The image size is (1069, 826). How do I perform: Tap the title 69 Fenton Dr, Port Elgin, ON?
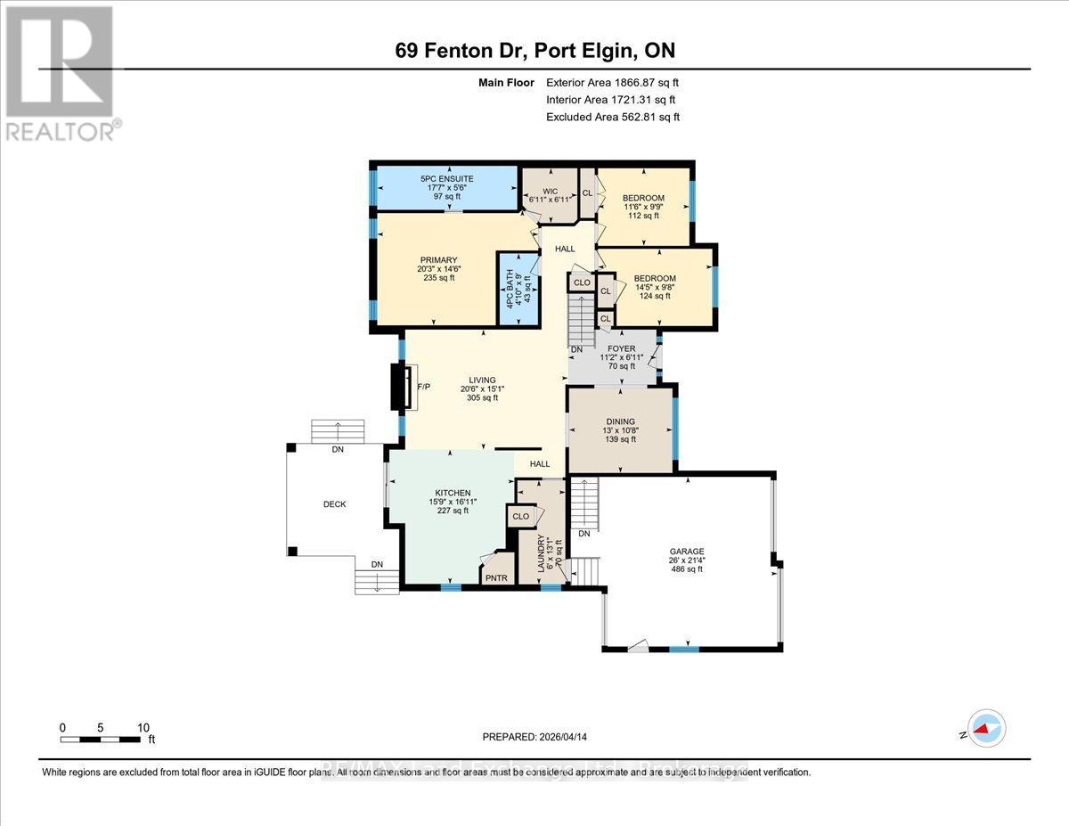(534, 51)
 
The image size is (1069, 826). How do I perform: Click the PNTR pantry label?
(496, 577)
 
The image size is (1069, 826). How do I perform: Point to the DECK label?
(334, 504)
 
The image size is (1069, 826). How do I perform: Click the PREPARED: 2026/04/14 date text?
(534, 737)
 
